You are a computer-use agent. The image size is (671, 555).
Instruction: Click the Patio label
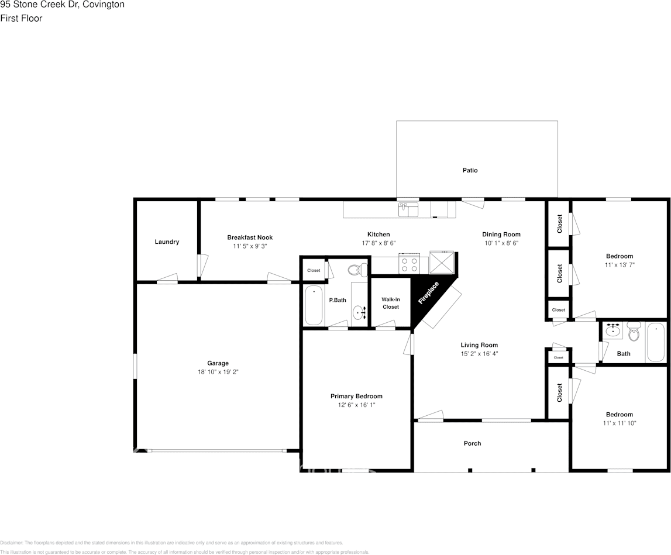470,170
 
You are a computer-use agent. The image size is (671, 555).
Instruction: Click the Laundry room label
167,242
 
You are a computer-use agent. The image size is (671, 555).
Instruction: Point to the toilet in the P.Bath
356,270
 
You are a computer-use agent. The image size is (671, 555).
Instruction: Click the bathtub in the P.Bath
314,305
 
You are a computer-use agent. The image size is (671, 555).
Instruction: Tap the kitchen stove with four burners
409,264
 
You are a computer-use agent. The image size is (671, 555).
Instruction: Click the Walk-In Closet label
391,303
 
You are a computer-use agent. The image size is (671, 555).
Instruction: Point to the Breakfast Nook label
250,237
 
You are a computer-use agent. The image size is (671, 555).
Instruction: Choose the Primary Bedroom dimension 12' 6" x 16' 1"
356,405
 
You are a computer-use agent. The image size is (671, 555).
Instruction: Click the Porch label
473,443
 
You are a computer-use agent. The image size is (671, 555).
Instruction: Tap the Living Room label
479,345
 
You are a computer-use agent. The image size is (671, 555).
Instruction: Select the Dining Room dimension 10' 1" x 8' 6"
501,243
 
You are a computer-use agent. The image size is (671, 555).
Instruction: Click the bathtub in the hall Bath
655,343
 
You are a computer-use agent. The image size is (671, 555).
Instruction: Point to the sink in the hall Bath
613,331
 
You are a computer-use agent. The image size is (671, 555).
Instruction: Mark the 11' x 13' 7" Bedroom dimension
620,264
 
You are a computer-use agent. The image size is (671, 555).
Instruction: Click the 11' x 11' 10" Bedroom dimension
620,423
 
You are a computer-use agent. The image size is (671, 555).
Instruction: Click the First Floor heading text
22,18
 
